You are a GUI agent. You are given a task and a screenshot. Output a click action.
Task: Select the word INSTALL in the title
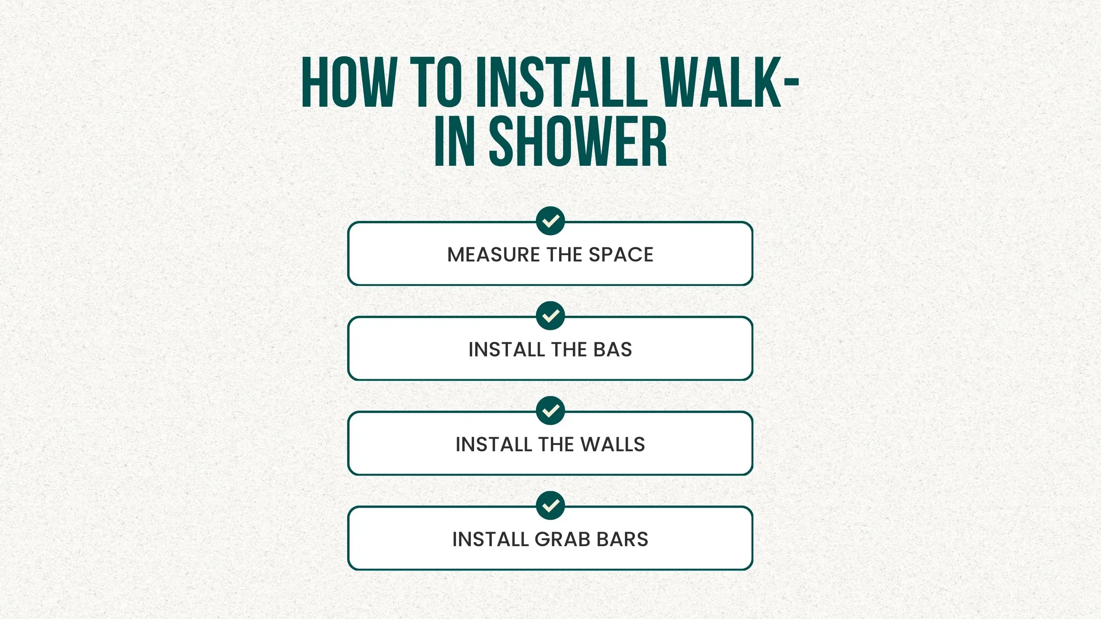point(562,82)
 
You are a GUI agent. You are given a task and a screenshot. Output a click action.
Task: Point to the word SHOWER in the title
point(578,141)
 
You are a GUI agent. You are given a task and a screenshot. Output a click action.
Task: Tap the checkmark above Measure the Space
point(550,221)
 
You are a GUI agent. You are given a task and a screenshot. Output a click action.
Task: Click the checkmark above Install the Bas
point(550,316)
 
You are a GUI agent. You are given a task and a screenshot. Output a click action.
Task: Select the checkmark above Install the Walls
point(550,411)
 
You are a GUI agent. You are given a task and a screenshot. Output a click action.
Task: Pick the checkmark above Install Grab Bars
point(550,505)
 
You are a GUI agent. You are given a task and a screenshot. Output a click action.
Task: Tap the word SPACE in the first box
point(621,255)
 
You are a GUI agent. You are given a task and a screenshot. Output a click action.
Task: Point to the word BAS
point(612,349)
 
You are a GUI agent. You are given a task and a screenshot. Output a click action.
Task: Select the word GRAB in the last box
point(562,539)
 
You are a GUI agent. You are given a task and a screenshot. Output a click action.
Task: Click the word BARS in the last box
point(622,539)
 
